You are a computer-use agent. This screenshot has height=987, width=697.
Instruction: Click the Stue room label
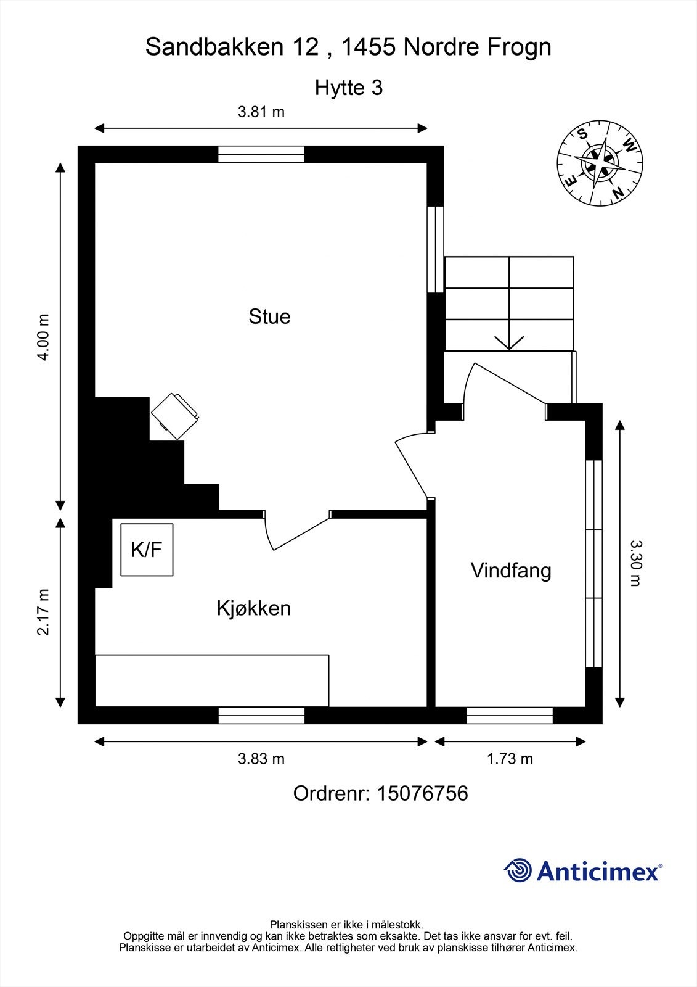(269, 316)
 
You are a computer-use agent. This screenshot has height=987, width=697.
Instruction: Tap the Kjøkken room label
(253, 608)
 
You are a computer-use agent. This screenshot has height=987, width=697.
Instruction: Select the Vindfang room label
(511, 570)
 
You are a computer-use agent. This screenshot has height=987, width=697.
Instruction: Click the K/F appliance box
(147, 550)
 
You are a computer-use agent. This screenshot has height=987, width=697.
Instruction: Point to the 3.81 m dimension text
(261, 112)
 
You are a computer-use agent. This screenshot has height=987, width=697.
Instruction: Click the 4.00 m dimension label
(43, 337)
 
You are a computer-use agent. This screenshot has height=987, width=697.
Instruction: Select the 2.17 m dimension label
(43, 612)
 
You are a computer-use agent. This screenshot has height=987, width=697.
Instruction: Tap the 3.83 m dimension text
(261, 759)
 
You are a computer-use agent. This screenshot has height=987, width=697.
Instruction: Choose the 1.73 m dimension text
(510, 759)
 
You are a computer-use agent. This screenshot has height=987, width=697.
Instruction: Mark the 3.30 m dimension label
(636, 563)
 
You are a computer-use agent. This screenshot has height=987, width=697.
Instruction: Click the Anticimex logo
(583, 871)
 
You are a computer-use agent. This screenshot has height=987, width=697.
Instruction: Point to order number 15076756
(380, 793)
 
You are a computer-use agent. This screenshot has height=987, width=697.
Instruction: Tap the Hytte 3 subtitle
(349, 88)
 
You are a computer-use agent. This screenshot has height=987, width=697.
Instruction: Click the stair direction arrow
(509, 341)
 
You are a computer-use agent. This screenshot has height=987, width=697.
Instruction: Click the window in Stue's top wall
(261, 154)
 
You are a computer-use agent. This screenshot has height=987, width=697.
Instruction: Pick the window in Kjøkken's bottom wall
(261, 715)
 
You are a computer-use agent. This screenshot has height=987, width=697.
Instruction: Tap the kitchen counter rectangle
(211, 680)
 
